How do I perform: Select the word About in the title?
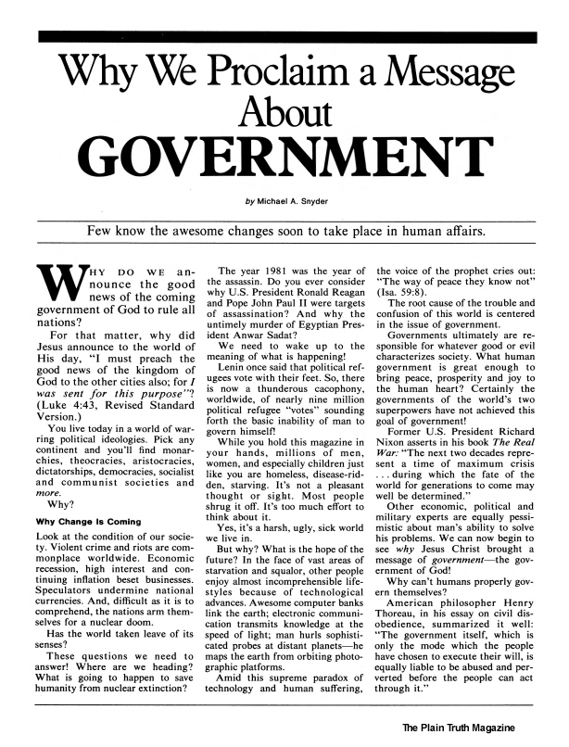(x=284, y=115)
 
